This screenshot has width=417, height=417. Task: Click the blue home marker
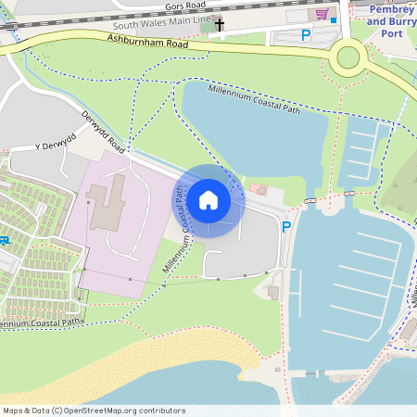pos(208,200)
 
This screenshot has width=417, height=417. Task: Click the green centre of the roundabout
pos(348,57)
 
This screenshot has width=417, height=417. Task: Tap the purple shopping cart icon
pos(322,15)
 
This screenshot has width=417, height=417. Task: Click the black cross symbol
pos(220,23)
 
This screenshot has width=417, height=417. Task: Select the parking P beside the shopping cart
pos(306,35)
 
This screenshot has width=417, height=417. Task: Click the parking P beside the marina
pos(286,227)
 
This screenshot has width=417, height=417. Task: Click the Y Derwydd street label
pos(53,146)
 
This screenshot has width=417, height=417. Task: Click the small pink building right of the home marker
pos(259,190)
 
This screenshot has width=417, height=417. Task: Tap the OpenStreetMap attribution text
pos(94,411)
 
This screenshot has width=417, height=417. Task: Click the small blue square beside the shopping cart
pos(334,19)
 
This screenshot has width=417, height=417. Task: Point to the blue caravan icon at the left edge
pos(4,242)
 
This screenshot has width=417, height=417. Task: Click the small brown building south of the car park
pos(273,292)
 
